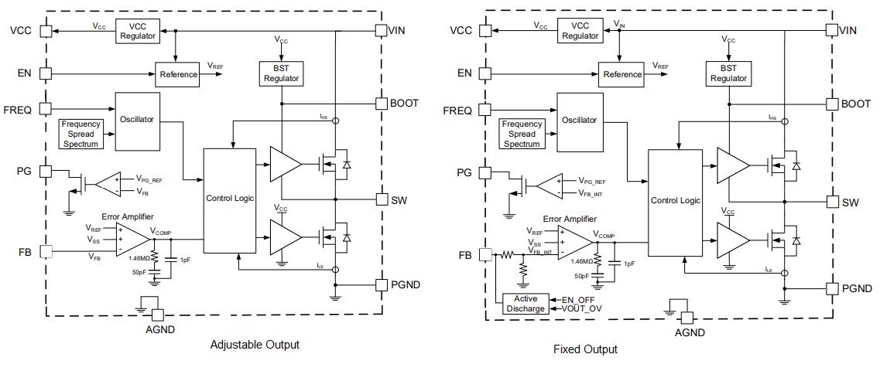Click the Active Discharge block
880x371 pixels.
point(526,304)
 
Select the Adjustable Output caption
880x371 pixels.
point(255,345)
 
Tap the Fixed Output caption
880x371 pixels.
point(585,349)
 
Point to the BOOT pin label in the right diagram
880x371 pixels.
point(855,104)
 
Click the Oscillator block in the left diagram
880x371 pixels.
point(138,120)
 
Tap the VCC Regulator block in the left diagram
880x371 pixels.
point(137,31)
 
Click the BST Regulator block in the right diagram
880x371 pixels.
point(728,73)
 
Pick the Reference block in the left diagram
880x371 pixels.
point(178,75)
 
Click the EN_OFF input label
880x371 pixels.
point(580,298)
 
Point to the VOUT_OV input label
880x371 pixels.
point(584,309)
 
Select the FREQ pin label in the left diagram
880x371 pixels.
point(18,110)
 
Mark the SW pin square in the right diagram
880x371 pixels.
point(832,202)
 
